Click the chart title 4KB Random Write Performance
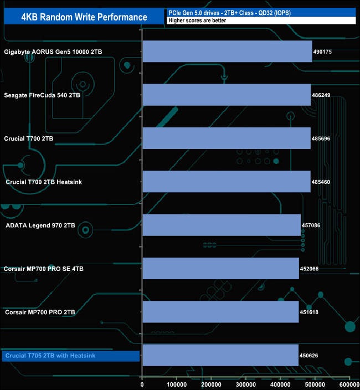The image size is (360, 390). pyautogui.click(x=84, y=17)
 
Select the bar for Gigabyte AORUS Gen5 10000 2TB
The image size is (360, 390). pyautogui.click(x=227, y=52)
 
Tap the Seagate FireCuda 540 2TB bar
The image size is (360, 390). pyautogui.click(x=227, y=95)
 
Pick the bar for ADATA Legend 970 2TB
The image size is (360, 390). pyautogui.click(x=222, y=225)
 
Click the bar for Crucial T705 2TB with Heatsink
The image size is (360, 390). pyautogui.click(x=220, y=355)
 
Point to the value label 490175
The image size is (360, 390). pyautogui.click(x=322, y=52)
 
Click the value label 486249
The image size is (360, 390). pyautogui.click(x=321, y=95)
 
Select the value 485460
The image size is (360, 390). pyautogui.click(x=321, y=182)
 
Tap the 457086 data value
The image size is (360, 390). pyautogui.click(x=311, y=225)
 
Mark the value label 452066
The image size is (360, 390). pyautogui.click(x=309, y=269)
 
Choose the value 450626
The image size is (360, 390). pyautogui.click(x=308, y=356)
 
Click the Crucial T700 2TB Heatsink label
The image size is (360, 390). pyautogui.click(x=44, y=182)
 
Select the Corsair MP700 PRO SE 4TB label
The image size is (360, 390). pyautogui.click(x=44, y=269)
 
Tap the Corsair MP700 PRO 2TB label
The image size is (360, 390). pyautogui.click(x=40, y=312)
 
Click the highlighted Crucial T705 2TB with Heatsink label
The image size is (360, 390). pyautogui.click(x=50, y=356)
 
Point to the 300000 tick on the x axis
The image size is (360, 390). pyautogui.click(x=245, y=384)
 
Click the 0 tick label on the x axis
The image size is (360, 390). pyautogui.click(x=142, y=384)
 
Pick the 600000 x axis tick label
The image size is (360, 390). pyautogui.click(x=349, y=384)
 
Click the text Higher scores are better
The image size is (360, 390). pyautogui.click(x=197, y=20)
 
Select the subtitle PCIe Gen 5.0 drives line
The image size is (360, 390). pyautogui.click(x=229, y=13)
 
